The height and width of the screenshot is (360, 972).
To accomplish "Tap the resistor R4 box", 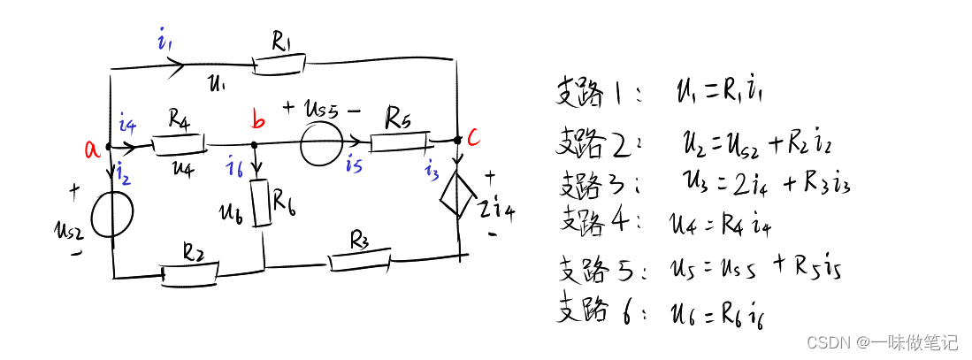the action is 179,142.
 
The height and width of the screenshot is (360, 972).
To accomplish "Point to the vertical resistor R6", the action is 261,203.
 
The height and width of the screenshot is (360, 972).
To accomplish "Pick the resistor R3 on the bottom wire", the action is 360,261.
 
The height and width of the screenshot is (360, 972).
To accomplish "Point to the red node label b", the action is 257,121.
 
